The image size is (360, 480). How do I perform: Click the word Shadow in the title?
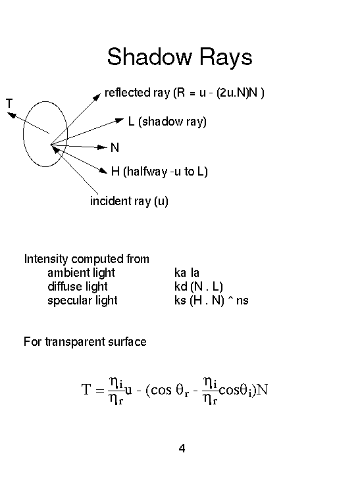(x=149, y=57)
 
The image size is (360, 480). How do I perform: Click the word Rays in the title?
(x=226, y=57)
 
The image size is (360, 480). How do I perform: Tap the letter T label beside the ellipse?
(x=9, y=103)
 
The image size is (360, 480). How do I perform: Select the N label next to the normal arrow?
(x=115, y=147)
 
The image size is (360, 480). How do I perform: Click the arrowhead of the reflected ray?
(x=97, y=97)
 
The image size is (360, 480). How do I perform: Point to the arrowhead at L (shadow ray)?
(x=120, y=120)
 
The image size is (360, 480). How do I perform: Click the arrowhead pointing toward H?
(x=103, y=170)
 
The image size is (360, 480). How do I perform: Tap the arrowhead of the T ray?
(x=11, y=115)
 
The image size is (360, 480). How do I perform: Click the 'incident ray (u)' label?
(x=129, y=201)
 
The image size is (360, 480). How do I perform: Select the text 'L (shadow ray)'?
(x=167, y=122)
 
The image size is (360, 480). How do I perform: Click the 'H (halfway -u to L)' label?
(x=159, y=172)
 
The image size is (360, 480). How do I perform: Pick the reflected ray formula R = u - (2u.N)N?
(x=219, y=93)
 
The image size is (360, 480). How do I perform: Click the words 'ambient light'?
(x=81, y=272)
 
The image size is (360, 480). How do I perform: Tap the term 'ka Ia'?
(x=187, y=272)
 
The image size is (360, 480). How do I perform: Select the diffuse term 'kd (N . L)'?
(x=199, y=287)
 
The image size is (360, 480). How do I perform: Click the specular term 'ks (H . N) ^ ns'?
(x=211, y=300)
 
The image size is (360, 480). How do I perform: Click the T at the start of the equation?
(x=86, y=389)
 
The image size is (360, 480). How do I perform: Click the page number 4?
(x=182, y=448)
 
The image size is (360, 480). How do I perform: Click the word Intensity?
(x=46, y=259)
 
